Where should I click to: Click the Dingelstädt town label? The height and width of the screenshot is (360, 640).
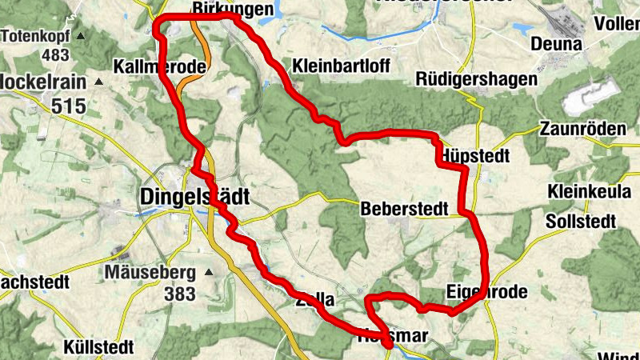(x=195, y=197)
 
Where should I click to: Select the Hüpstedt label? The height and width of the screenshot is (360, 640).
(x=474, y=156)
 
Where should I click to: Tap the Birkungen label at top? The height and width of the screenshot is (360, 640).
(x=234, y=9)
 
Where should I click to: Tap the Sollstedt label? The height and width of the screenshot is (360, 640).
(x=582, y=221)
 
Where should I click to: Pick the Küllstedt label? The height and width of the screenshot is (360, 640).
(x=102, y=348)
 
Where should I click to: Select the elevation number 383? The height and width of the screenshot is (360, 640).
(x=180, y=294)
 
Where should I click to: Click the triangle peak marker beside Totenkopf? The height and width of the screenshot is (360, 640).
(x=80, y=37)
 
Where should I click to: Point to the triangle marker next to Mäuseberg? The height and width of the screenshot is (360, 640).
(x=209, y=274)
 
